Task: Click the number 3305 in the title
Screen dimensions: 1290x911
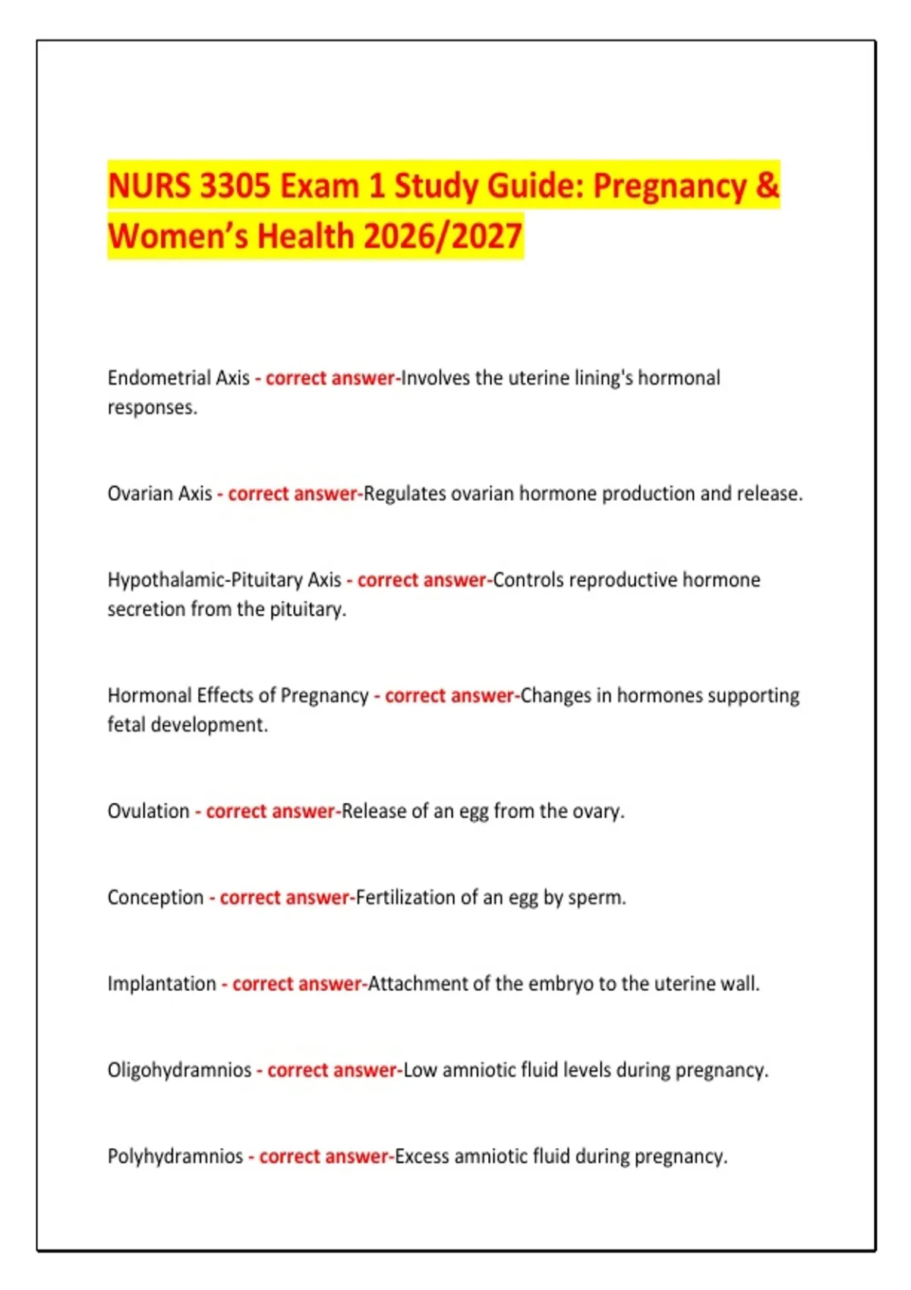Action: [x=234, y=186]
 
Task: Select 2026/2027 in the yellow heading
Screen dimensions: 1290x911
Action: [x=443, y=236]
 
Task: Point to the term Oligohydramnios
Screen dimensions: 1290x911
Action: [x=179, y=1070]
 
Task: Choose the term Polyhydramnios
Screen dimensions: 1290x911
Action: [x=175, y=1156]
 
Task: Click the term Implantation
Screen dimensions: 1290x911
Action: [x=162, y=983]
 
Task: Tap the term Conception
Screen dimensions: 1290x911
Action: [x=156, y=898]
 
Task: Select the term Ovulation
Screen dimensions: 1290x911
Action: [x=148, y=811]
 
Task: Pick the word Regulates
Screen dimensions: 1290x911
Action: [x=405, y=494]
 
